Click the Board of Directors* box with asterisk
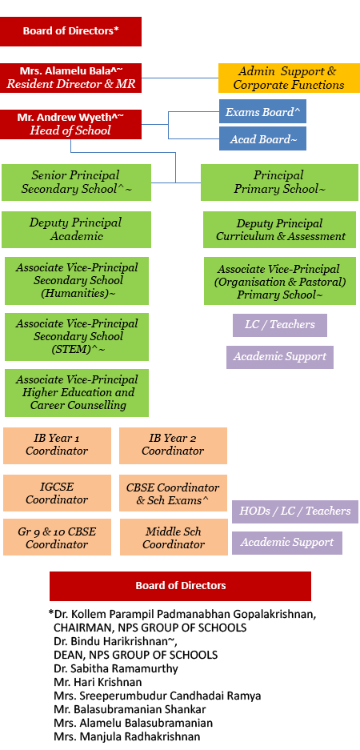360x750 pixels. [x=70, y=31]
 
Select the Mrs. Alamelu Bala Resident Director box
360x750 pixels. [x=70, y=78]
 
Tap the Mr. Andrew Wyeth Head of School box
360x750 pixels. [x=70, y=124]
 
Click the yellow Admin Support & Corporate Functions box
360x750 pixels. [x=289, y=78]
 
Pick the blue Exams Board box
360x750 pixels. [x=262, y=112]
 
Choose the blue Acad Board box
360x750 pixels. [x=262, y=139]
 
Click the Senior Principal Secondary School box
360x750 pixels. [x=76, y=182]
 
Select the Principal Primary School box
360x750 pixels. [x=278, y=182]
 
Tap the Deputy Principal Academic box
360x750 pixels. [x=76, y=230]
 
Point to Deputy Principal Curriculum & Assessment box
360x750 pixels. [x=279, y=230]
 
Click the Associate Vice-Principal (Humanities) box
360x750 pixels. [x=77, y=281]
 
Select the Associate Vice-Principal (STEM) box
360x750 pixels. [x=77, y=337]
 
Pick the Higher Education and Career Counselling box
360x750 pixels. [x=77, y=393]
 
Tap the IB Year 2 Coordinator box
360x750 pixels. [x=173, y=445]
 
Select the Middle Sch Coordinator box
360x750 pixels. [x=173, y=537]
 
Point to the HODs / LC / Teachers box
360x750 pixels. [x=295, y=511]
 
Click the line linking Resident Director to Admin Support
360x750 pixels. [x=180, y=78]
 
